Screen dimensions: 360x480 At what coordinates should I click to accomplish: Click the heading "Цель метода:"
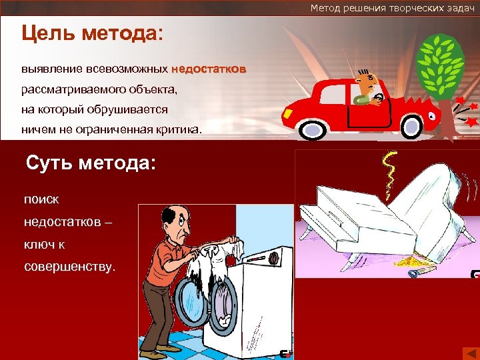pyautogui.click(x=92, y=34)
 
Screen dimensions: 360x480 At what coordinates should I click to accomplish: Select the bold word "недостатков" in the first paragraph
pyautogui.click(x=209, y=69)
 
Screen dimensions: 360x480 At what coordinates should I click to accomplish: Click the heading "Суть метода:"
pyautogui.click(x=90, y=162)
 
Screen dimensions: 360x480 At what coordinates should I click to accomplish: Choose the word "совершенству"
pyautogui.click(x=69, y=267)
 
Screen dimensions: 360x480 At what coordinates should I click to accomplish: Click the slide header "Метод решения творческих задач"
pyautogui.click(x=392, y=7)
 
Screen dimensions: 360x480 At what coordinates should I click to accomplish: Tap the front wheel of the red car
pyautogui.click(x=411, y=125)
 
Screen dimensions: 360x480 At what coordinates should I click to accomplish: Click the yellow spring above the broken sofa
pyautogui.click(x=387, y=173)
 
